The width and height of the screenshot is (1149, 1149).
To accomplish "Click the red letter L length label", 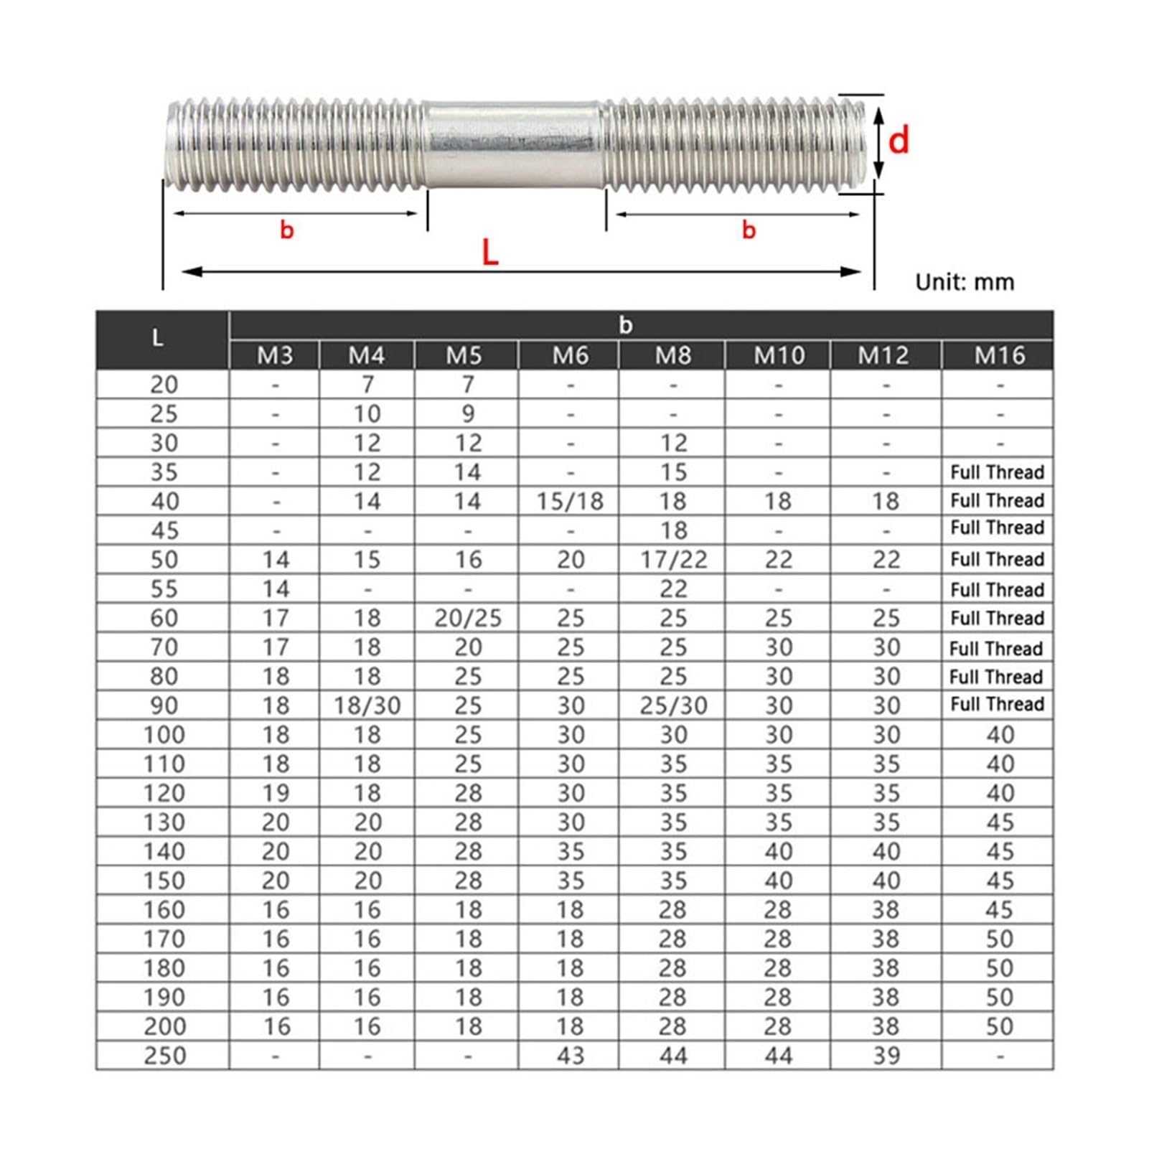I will tap(490, 253).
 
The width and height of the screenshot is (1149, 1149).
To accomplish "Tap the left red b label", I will tap(287, 230).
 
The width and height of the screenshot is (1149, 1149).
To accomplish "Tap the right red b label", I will tap(749, 230).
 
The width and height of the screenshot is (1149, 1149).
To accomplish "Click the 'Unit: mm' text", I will tap(965, 282).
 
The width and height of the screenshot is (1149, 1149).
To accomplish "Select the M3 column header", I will tap(275, 355).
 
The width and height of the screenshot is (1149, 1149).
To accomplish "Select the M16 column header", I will tap(999, 355).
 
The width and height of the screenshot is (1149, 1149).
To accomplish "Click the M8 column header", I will tap(672, 355).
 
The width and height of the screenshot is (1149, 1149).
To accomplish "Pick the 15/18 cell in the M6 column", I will tap(570, 502).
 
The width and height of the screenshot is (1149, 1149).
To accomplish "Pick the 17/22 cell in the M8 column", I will tap(673, 560).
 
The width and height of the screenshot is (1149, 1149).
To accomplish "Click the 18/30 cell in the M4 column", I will tap(367, 706).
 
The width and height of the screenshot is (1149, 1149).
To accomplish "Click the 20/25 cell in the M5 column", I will tap(468, 619).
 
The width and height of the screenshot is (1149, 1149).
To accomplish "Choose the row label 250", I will tap(164, 1056).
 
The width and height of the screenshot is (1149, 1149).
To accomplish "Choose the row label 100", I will tap(164, 735).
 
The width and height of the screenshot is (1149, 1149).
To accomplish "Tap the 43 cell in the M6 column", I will tap(570, 1056).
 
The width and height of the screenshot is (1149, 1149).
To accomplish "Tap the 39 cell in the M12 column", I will tap(886, 1056).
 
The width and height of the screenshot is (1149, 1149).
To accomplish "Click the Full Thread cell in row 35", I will tap(997, 472).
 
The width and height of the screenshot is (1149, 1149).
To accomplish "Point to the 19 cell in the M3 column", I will tap(275, 794).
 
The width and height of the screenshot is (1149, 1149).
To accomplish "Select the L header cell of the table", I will tap(158, 339).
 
